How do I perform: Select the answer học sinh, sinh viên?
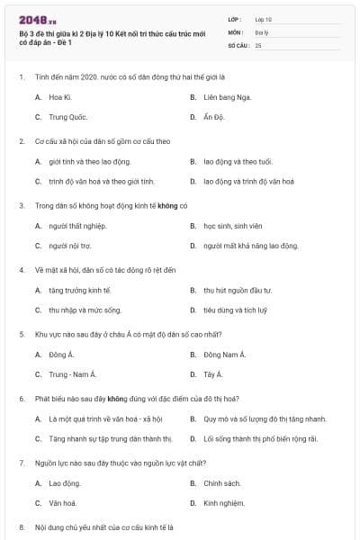click(233, 225)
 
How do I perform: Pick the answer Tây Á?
click(212, 373)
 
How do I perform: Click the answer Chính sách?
click(222, 482)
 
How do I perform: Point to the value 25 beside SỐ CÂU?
click(259, 44)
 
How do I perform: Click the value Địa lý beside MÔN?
click(263, 31)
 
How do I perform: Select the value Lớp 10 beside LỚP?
click(264, 18)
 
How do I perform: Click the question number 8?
click(21, 526)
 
